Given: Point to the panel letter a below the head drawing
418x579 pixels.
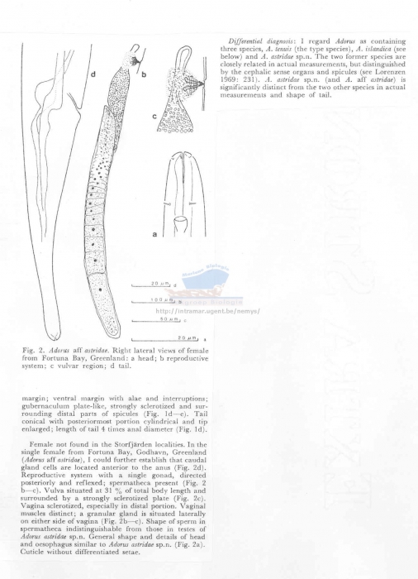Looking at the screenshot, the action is click(154, 234).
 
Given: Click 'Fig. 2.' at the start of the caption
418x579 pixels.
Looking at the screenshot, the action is click(32, 350).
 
